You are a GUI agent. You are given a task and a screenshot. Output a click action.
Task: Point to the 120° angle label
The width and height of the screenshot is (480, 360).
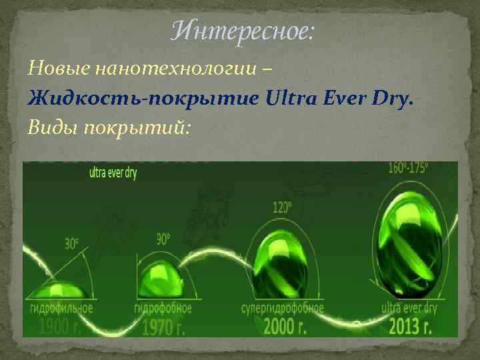click(x=282, y=207)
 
